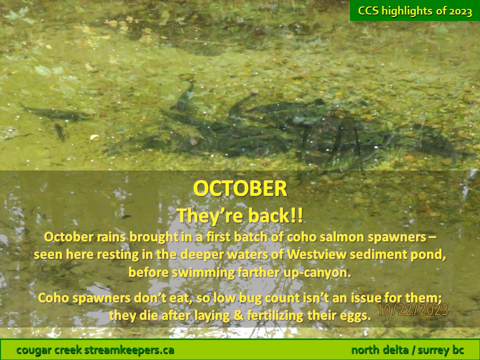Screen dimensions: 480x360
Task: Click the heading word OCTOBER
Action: click(240, 188)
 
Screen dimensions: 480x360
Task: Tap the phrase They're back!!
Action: click(239, 215)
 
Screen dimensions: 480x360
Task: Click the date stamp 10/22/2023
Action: click(412, 309)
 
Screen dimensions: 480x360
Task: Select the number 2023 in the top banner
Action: click(460, 11)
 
